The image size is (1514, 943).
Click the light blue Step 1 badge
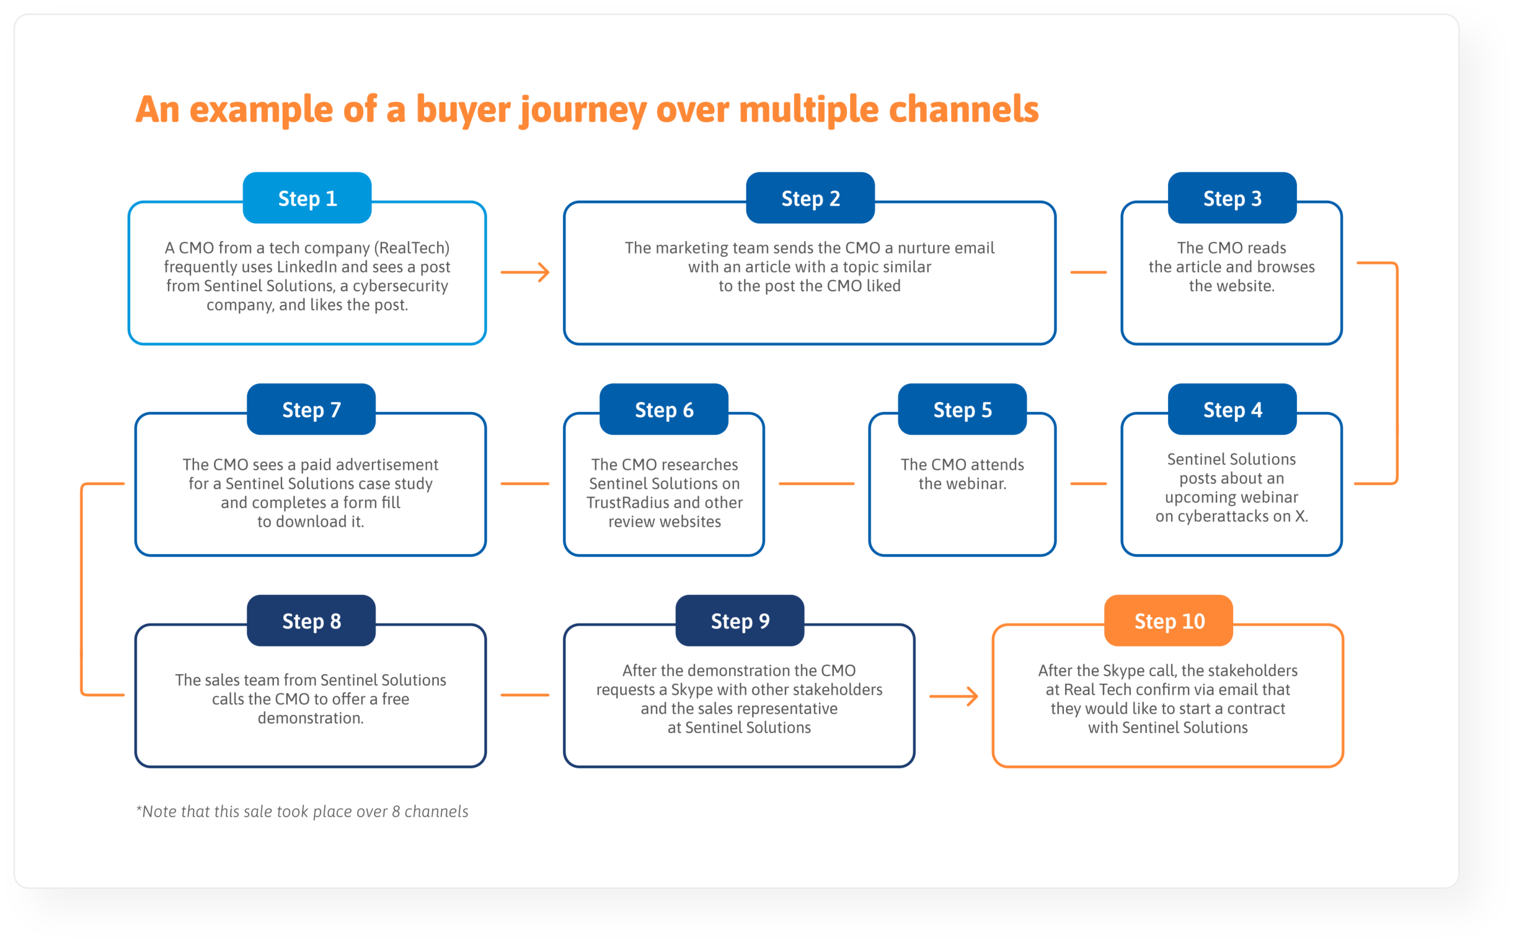coord(307,199)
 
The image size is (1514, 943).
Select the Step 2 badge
coord(810,199)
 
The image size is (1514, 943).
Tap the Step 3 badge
coord(1232,199)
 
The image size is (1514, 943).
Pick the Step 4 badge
coord(1232,410)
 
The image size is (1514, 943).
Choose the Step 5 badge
coord(962,410)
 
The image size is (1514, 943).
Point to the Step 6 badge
coord(664,410)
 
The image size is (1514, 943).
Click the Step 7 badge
coord(311,410)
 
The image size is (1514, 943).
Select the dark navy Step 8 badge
coord(311,621)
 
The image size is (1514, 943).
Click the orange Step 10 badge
coord(1168,621)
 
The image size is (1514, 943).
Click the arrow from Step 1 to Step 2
coord(525,272)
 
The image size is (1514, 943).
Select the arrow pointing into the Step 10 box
coord(953,696)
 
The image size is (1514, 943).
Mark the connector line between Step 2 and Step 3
coord(1088,272)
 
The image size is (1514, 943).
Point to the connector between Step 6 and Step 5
coord(816,483)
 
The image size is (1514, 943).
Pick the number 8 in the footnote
coord(395,811)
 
